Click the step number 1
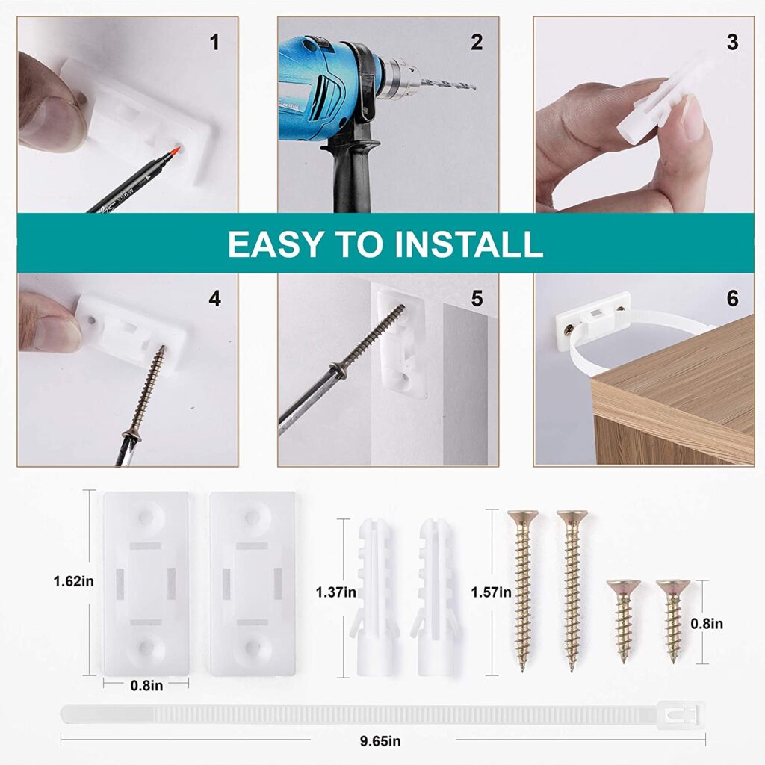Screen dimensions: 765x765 pyautogui.click(x=214, y=43)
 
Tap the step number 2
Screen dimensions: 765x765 pyautogui.click(x=477, y=43)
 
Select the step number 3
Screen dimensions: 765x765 pyautogui.click(x=732, y=43)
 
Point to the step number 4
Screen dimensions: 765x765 pyautogui.click(x=214, y=299)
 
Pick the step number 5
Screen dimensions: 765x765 pyautogui.click(x=477, y=299)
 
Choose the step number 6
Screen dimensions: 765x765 pyautogui.click(x=732, y=299)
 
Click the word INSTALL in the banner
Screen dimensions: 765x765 pyautogui.click(x=469, y=244)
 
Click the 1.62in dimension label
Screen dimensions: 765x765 pyautogui.click(x=74, y=581)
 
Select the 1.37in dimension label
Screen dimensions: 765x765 pyautogui.click(x=335, y=592)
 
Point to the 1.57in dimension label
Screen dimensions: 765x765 pyautogui.click(x=491, y=592)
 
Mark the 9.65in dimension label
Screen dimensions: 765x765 pyautogui.click(x=380, y=741)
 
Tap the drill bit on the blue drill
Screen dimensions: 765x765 pyautogui.click(x=448, y=86)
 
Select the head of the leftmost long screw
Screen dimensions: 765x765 pyautogui.click(x=522, y=515)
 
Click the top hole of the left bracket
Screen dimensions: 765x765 pyautogui.click(x=146, y=517)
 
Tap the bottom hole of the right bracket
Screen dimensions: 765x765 pyautogui.click(x=253, y=648)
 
